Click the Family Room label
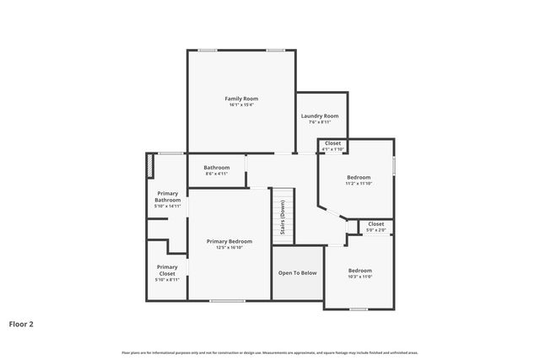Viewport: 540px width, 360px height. [x=240, y=99]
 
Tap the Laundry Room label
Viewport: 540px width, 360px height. [x=320, y=116]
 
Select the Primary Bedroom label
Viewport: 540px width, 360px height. [x=229, y=241]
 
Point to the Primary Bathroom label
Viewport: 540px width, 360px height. [x=167, y=196]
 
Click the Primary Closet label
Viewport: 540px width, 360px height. [x=167, y=270]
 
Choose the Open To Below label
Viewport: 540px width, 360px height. [x=297, y=272]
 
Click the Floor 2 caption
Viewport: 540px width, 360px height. [x=21, y=323]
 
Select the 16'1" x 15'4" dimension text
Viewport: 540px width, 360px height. [x=240, y=105]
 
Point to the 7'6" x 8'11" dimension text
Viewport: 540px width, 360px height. [x=320, y=121]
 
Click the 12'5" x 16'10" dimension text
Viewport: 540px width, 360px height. [x=229, y=247]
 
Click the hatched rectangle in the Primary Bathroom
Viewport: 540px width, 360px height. [x=150, y=165]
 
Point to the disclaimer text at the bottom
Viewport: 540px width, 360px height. [x=269, y=352]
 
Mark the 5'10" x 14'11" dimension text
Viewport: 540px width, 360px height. [x=167, y=206]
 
